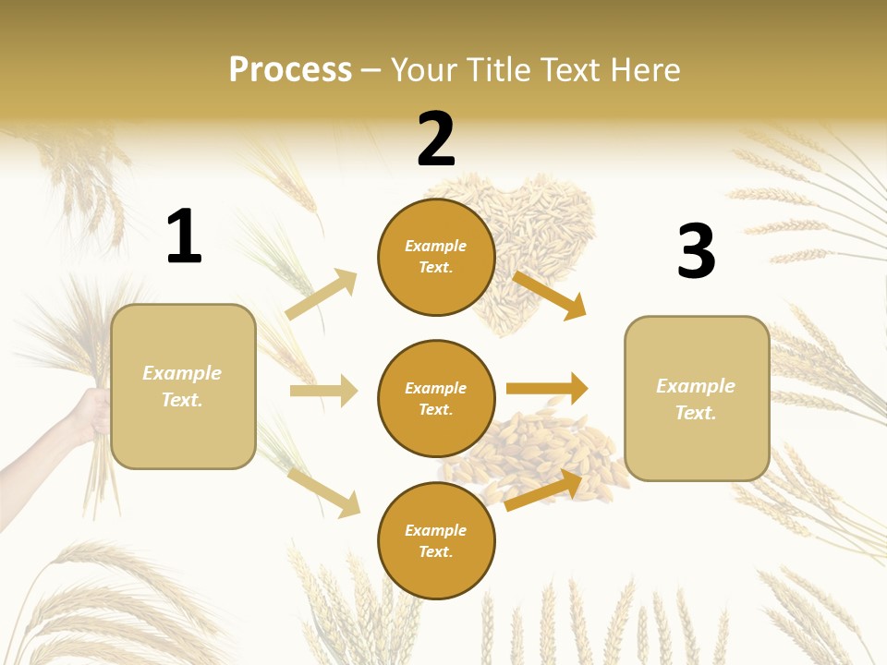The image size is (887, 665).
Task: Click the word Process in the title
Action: (x=290, y=70)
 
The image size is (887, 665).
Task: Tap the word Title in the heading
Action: (x=500, y=70)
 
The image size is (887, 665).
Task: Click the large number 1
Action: (x=184, y=237)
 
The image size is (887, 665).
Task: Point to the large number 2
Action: (x=436, y=139)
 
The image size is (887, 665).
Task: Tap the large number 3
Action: (x=696, y=251)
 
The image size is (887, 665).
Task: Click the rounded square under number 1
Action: (x=183, y=386)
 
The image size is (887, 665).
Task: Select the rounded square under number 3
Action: (x=697, y=399)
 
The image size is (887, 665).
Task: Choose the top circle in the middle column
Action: (x=436, y=257)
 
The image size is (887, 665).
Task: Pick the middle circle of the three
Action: (x=436, y=399)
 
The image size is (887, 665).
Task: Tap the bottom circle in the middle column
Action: (x=436, y=541)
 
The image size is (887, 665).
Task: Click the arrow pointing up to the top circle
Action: (x=322, y=294)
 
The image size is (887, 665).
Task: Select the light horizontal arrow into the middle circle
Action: (x=323, y=391)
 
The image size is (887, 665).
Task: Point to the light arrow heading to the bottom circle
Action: (x=323, y=492)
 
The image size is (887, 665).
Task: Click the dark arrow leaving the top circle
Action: (x=549, y=295)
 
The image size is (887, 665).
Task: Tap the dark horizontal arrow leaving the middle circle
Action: (x=547, y=389)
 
